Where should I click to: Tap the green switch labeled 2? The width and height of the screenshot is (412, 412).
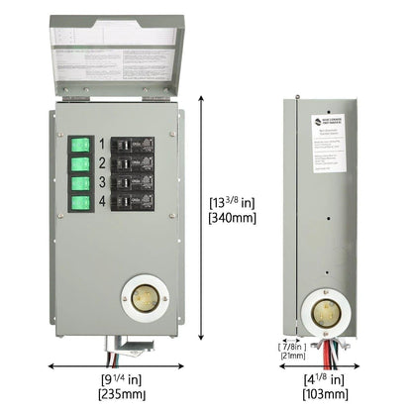(x=80, y=163)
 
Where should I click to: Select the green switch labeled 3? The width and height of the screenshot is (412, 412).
(x=80, y=183)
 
